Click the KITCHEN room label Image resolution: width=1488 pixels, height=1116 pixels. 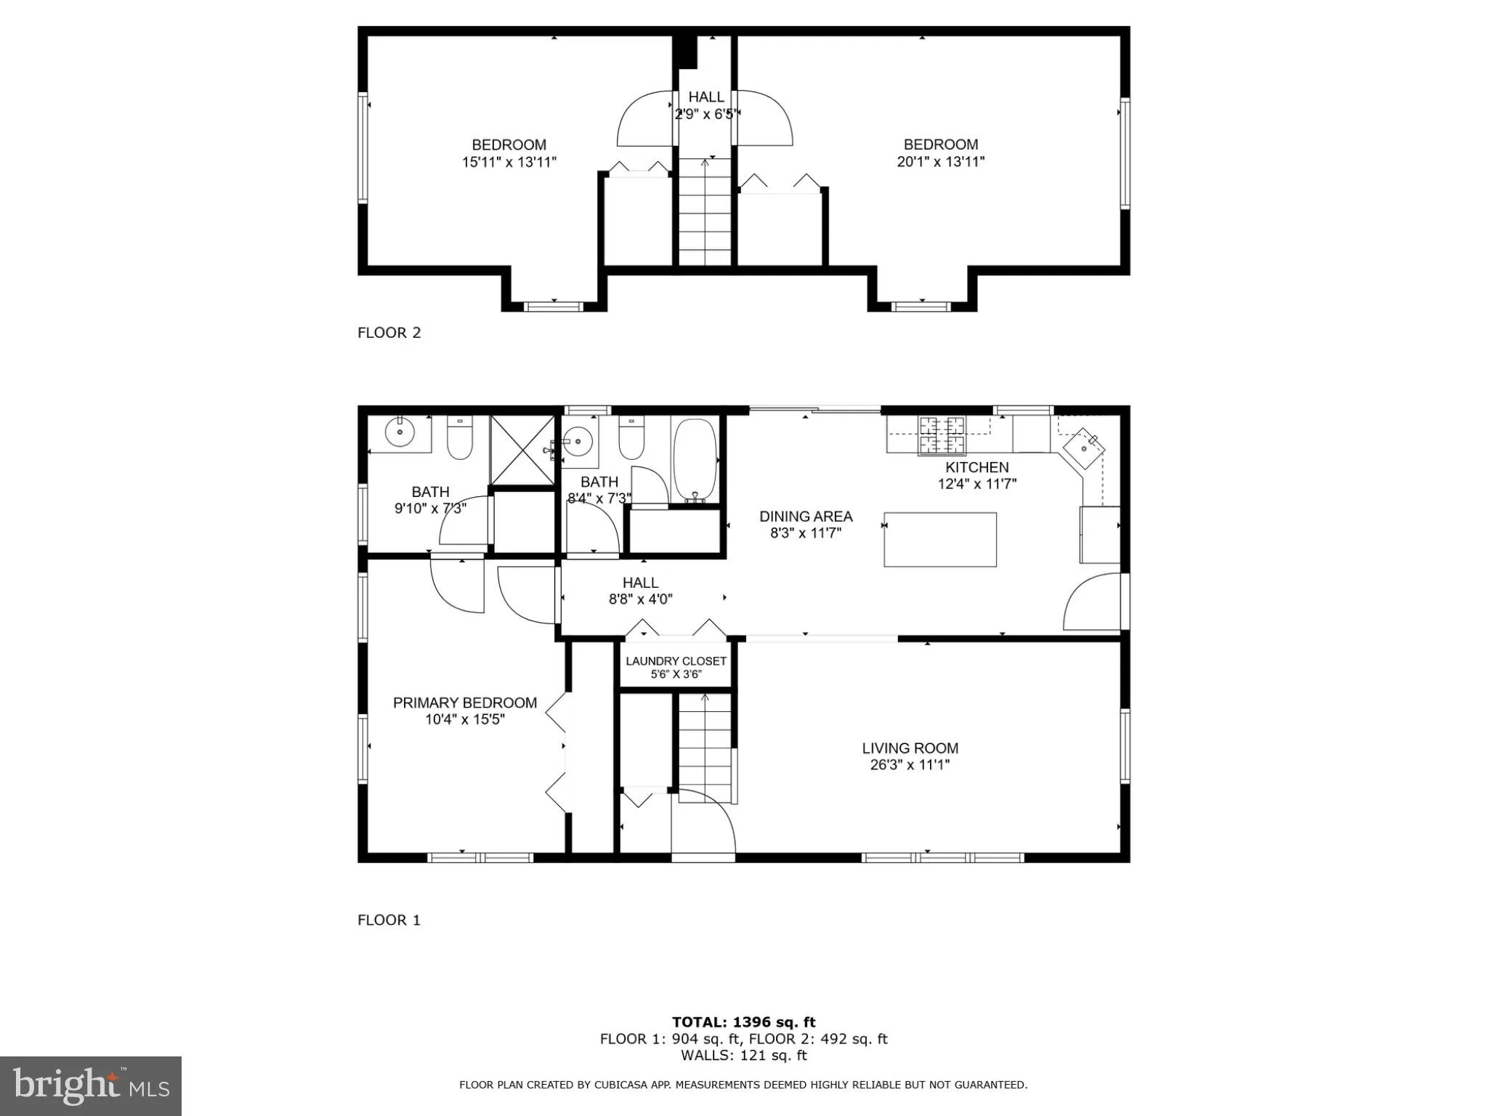pyautogui.click(x=976, y=467)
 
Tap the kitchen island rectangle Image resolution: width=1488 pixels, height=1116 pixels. pyautogui.click(x=939, y=539)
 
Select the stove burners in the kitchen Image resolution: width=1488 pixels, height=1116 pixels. pyautogui.click(x=942, y=434)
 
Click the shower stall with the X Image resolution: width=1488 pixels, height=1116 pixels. pyautogui.click(x=522, y=450)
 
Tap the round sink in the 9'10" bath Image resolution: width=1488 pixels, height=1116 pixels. pyautogui.click(x=399, y=433)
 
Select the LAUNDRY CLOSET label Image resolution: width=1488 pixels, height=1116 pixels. pyautogui.click(x=676, y=661)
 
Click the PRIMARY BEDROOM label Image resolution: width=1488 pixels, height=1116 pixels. pyautogui.click(x=465, y=703)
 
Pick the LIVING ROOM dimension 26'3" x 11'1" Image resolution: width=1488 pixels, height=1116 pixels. pyautogui.click(x=910, y=764)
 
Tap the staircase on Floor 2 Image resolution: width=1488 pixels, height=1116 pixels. pyautogui.click(x=705, y=212)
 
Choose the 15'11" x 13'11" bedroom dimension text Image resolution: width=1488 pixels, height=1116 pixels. pyautogui.click(x=509, y=162)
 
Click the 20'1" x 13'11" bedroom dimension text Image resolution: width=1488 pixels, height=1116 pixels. pyautogui.click(x=940, y=161)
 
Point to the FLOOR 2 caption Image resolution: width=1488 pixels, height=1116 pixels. pyautogui.click(x=389, y=333)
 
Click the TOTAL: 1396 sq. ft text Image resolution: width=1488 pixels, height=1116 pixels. pyautogui.click(x=743, y=1022)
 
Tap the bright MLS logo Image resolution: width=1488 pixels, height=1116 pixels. pyautogui.click(x=91, y=1085)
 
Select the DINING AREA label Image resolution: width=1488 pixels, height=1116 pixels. pyautogui.click(x=806, y=517)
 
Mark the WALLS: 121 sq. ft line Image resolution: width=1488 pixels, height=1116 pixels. pyautogui.click(x=743, y=1056)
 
